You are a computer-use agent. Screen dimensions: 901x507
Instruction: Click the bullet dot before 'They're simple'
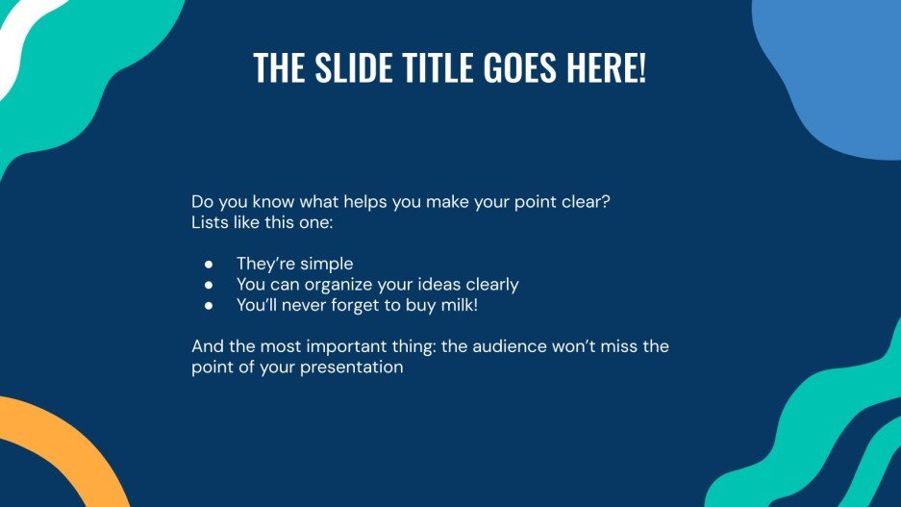[x=209, y=264]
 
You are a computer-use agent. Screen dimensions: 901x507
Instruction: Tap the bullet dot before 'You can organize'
[x=209, y=285]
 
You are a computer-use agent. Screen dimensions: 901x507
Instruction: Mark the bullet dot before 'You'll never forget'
[x=209, y=305]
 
